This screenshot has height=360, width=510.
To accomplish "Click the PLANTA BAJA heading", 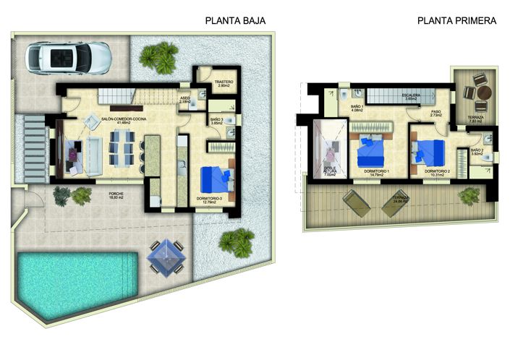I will pos(235,21).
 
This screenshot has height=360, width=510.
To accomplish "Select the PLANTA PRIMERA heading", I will pos(456,21).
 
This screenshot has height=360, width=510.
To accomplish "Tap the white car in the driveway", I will pos(69,57).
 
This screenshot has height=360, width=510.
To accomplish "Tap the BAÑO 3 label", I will pos(216,121).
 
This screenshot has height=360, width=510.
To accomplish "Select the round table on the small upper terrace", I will pos(483,92).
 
